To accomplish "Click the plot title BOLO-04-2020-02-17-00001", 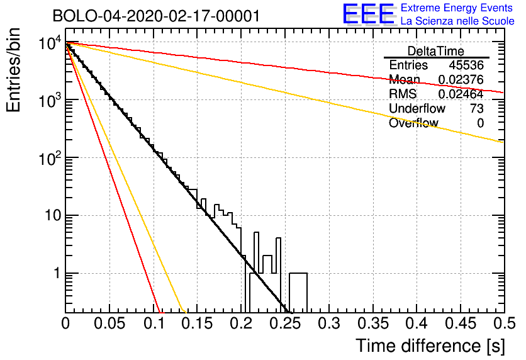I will coord(156,16).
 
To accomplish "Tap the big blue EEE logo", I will coord(368,14).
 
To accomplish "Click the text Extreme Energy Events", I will coord(457,8).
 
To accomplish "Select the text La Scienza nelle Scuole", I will coord(457,21).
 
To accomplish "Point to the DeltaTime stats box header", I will coord(436,51).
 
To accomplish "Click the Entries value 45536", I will coord(466,65).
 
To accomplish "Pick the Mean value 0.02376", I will coord(461,80).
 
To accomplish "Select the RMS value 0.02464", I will coord(461,94).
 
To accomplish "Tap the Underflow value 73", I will coord(476,109).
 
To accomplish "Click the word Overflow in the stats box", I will coord(413,123).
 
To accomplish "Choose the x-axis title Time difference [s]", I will coord(429,346).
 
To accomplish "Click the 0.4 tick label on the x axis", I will coord(417,324).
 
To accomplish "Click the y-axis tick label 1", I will coord(55,274).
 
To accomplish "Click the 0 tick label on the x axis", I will coord(65,324).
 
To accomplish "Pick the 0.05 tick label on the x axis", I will coord(109,324).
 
